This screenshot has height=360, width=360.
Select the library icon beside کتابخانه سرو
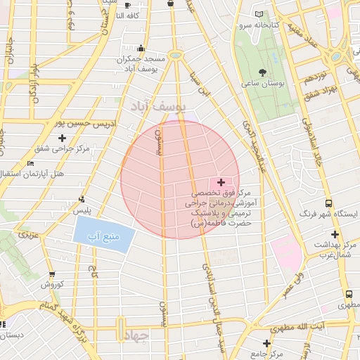coord(260,15)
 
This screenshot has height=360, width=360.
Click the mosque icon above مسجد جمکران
coord(141,49)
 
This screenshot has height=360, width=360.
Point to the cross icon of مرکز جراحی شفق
coord(63,138)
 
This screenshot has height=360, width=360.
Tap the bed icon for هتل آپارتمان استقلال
coord(30,163)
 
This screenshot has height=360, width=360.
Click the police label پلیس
coord(84,210)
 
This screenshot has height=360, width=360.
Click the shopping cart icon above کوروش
coord(52,274)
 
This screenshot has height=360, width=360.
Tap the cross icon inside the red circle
coord(221,182)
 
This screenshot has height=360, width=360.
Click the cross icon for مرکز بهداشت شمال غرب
coord(335,234)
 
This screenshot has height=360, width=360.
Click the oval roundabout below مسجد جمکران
coord(175,55)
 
